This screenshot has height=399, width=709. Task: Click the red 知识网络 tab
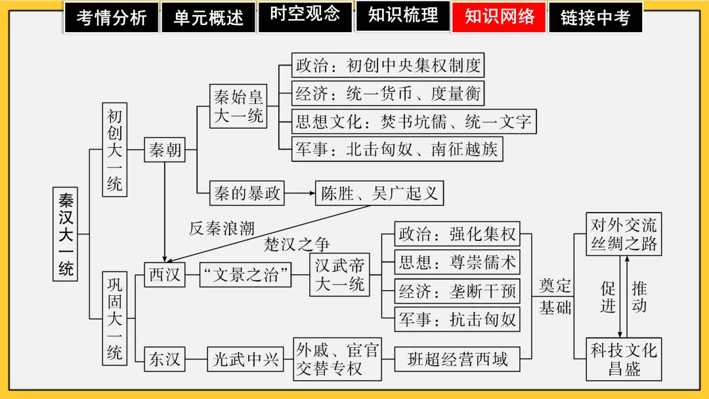point(500,17)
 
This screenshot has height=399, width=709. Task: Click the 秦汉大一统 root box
point(66,234)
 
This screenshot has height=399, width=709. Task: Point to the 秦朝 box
point(165,151)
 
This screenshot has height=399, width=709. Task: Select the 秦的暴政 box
point(247,194)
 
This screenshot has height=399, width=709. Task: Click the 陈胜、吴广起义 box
point(379,194)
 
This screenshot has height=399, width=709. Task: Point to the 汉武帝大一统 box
point(340,274)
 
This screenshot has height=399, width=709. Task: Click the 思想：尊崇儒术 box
point(458,263)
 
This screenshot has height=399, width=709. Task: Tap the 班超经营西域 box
point(458,360)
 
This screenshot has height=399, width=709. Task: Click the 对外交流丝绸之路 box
point(624,234)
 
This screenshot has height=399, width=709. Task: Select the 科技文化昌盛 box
point(624,359)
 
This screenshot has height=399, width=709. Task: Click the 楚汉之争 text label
point(297,244)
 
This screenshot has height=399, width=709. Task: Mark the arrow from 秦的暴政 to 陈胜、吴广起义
point(300,194)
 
